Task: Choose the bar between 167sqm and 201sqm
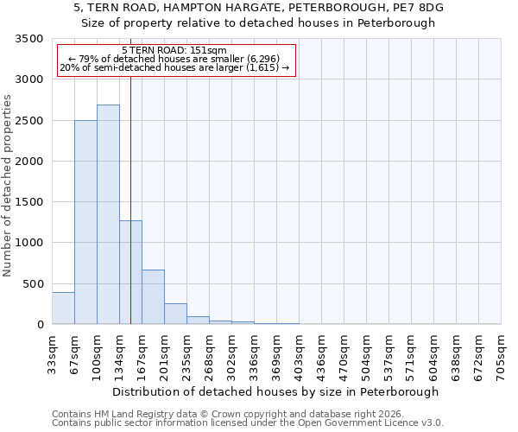153,297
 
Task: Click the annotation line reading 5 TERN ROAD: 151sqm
175,51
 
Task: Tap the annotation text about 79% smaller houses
175,59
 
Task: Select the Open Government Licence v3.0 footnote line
248,423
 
